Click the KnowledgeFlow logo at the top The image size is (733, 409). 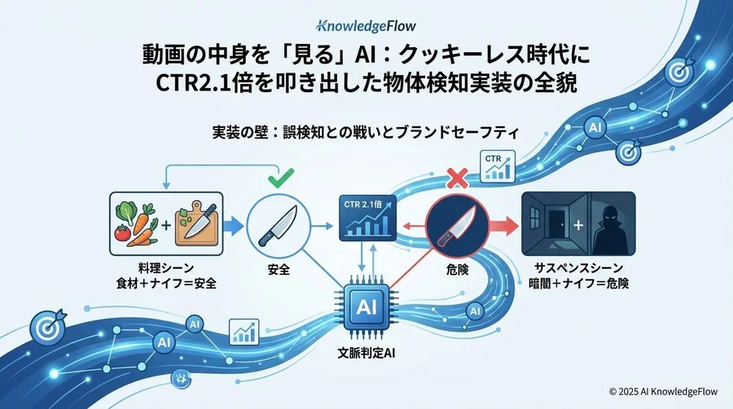366,24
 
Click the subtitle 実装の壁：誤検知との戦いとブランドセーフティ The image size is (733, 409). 366,130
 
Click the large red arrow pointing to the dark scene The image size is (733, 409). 500,225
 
